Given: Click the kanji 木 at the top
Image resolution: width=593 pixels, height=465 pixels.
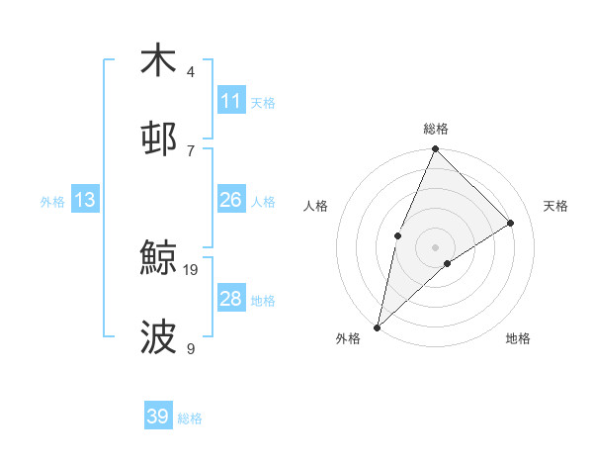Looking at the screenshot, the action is pos(158,60).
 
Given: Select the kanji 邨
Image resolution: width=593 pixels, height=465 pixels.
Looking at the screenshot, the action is pos(158,139).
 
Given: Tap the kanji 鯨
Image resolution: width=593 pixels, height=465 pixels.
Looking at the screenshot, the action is pos(158,259).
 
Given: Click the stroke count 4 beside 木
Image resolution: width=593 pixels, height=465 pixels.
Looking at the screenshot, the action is pos(191,71).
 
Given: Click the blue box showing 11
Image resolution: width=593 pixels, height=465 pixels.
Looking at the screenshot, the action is pos(231,101).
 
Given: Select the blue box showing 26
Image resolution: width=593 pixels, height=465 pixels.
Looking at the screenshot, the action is pos(231,200).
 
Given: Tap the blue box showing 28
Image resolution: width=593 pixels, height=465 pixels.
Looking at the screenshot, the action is pos(231,299).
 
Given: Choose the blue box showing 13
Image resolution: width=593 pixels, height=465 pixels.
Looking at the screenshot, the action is pos(85,200).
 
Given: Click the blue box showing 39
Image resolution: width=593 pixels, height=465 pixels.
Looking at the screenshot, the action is pos(158,417).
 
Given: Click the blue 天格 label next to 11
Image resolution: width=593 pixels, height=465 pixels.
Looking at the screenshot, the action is pos(263,102).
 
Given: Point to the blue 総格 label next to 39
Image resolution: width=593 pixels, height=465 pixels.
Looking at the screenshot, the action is pos(190,418).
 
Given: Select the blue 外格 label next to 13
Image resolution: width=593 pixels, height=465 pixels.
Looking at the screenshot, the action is pos(52,201).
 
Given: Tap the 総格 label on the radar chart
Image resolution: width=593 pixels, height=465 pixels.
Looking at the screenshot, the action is pos(436,129).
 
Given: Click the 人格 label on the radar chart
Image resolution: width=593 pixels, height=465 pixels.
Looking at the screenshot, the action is pos(316,206).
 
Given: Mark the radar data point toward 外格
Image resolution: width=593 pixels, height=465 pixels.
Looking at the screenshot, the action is pos(377,326).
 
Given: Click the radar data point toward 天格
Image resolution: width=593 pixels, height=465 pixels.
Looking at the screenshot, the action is pos(511,223).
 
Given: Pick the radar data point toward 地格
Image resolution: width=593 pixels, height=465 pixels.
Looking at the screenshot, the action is pos(448,263).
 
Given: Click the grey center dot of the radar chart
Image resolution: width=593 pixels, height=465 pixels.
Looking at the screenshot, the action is pos(436,246).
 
